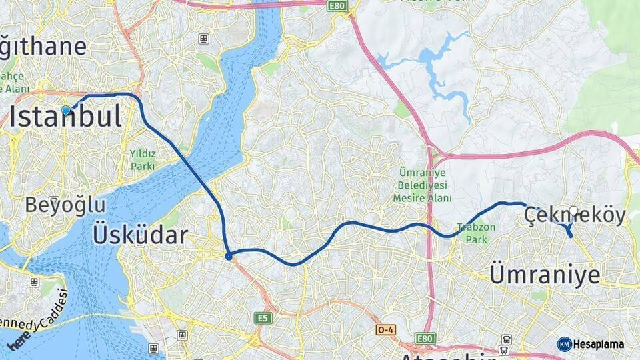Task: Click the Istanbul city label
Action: pos(65,117)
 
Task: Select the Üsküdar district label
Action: pos(140,235)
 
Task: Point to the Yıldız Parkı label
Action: pos(143,160)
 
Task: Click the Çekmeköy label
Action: pos(575,216)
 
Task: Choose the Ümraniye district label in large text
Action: pos(545,274)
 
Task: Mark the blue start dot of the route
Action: pos(65,110)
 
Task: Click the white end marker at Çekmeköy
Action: pos(573,211)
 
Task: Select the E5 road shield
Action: pos(263,319)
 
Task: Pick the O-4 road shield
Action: pos(385,329)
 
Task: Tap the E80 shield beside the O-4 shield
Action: pos(424,339)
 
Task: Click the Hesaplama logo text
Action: pos(599,344)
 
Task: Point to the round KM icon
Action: pos(564,344)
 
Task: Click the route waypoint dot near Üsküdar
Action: pos(229,256)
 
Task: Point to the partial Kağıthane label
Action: pos(43,47)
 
